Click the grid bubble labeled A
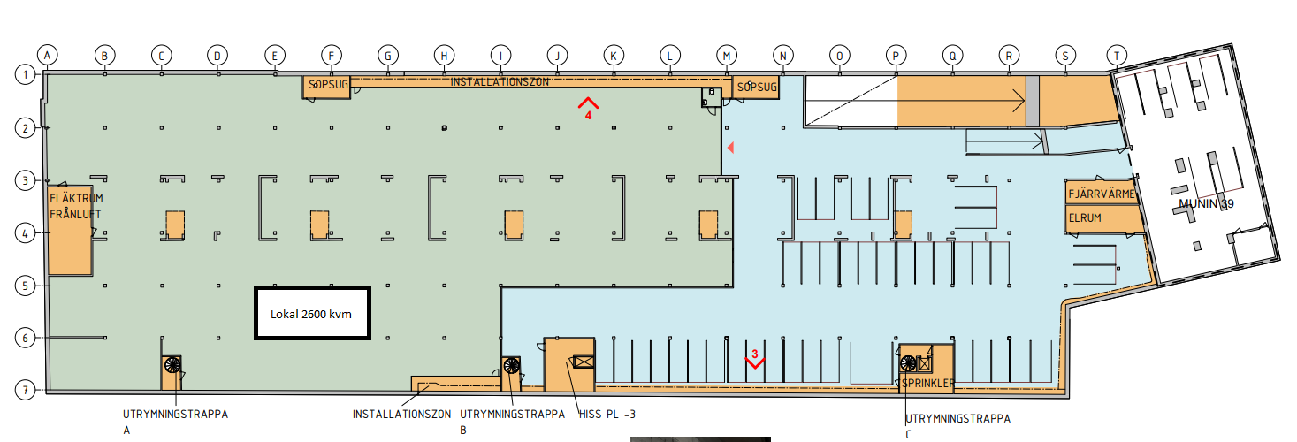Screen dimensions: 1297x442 [48, 56]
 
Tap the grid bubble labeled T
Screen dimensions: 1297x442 [1117, 56]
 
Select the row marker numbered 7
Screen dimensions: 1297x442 [25, 391]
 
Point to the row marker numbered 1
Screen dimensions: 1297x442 [25, 75]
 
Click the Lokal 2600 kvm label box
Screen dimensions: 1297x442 [312, 314]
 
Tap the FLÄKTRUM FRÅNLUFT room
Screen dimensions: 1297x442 [70, 230]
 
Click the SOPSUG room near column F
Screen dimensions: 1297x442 [326, 87]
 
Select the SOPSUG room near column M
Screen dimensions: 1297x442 [756, 87]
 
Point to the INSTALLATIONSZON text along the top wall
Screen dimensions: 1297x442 [500, 82]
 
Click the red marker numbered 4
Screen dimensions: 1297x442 [588, 109]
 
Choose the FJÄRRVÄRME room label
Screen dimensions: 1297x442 [1101, 194]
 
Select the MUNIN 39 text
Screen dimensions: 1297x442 [1206, 204]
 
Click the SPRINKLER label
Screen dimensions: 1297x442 [927, 383]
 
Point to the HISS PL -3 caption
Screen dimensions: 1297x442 [607, 415]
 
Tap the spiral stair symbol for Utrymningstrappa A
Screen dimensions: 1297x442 [172, 365]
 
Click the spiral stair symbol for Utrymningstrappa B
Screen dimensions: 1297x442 [511, 365]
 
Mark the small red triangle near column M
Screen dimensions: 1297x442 [730, 148]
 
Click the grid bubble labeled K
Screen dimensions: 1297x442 [614, 56]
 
